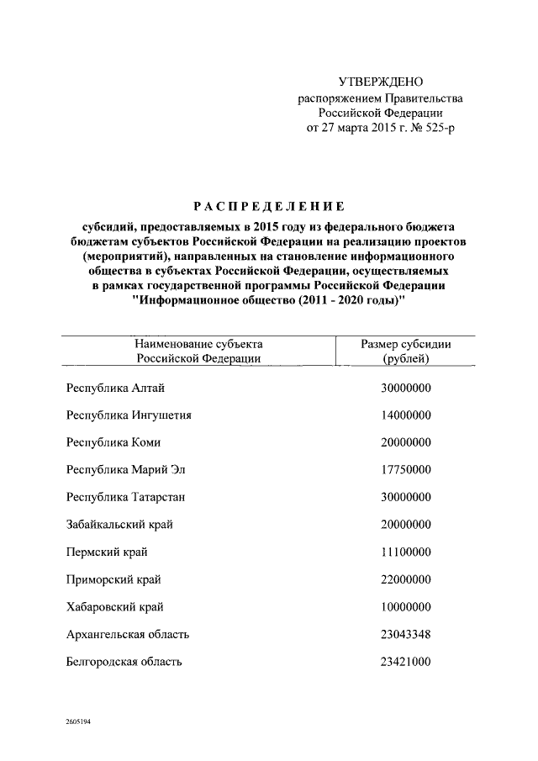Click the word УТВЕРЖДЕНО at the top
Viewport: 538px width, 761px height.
pos(380,82)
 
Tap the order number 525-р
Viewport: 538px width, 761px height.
pos(436,128)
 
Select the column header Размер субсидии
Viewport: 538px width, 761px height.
pos(406,344)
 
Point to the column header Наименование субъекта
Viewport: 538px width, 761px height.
pos(198,344)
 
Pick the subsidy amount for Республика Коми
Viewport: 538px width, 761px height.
pos(406,441)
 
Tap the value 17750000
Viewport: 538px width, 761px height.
pos(406,469)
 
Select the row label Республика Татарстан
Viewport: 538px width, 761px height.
pos(126,497)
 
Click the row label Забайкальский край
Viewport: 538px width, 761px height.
pos(119,524)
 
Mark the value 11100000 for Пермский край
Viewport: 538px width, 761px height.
pos(406,552)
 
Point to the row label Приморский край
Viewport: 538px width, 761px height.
pos(113,579)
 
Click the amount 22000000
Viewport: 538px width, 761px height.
pos(406,579)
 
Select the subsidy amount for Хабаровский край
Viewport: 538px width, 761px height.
pos(406,606)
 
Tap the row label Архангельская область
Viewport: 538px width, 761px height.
pos(128,634)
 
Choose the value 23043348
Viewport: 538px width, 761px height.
pos(406,634)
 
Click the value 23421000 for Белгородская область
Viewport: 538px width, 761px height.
pos(406,662)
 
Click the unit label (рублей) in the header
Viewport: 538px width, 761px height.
pos(406,358)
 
